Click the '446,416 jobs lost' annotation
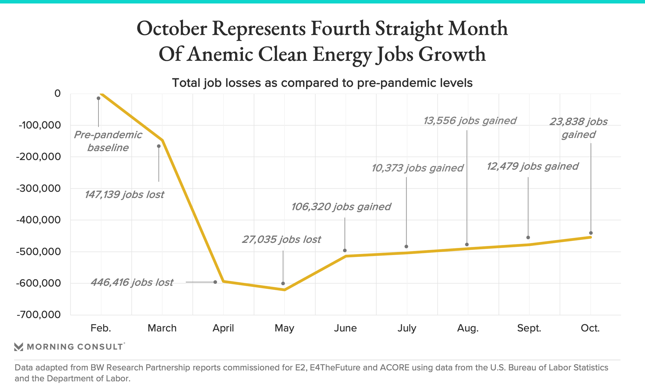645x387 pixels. tap(132, 283)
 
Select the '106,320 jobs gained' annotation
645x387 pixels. tap(341, 207)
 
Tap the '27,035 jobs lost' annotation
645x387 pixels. tap(281, 240)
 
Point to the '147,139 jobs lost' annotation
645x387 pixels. tap(124, 195)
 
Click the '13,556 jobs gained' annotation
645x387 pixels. tap(470, 121)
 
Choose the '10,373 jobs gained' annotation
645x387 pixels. tap(417, 168)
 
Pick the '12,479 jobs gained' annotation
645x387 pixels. tap(532, 166)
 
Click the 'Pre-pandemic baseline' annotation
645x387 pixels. tap(108, 141)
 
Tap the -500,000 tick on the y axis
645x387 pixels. tap(39, 252)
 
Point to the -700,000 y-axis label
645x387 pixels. tap(39, 315)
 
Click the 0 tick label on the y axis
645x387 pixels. tap(57, 93)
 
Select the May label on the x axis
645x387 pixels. tap(284, 328)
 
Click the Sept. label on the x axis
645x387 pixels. tap(529, 328)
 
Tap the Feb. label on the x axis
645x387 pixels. tap(101, 328)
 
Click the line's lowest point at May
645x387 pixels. tap(285, 290)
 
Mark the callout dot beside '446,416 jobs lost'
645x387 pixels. tap(215, 282)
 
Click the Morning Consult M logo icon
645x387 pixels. tap(19, 347)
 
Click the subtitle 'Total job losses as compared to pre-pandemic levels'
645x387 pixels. tap(322, 83)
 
